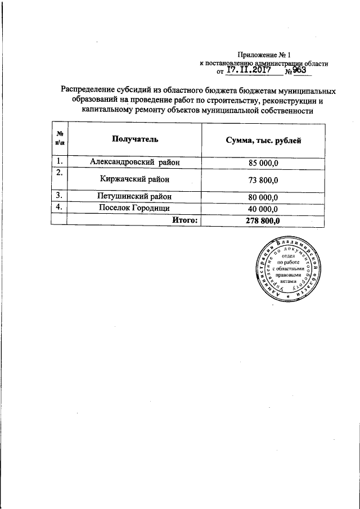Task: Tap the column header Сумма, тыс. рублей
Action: [x=263, y=140]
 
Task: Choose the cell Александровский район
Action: [x=134, y=163]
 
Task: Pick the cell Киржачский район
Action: [x=134, y=179]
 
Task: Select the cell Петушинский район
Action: [x=134, y=197]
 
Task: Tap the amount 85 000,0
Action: [x=263, y=163]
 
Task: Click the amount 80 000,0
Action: [x=263, y=197]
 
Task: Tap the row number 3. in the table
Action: [x=58, y=196]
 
